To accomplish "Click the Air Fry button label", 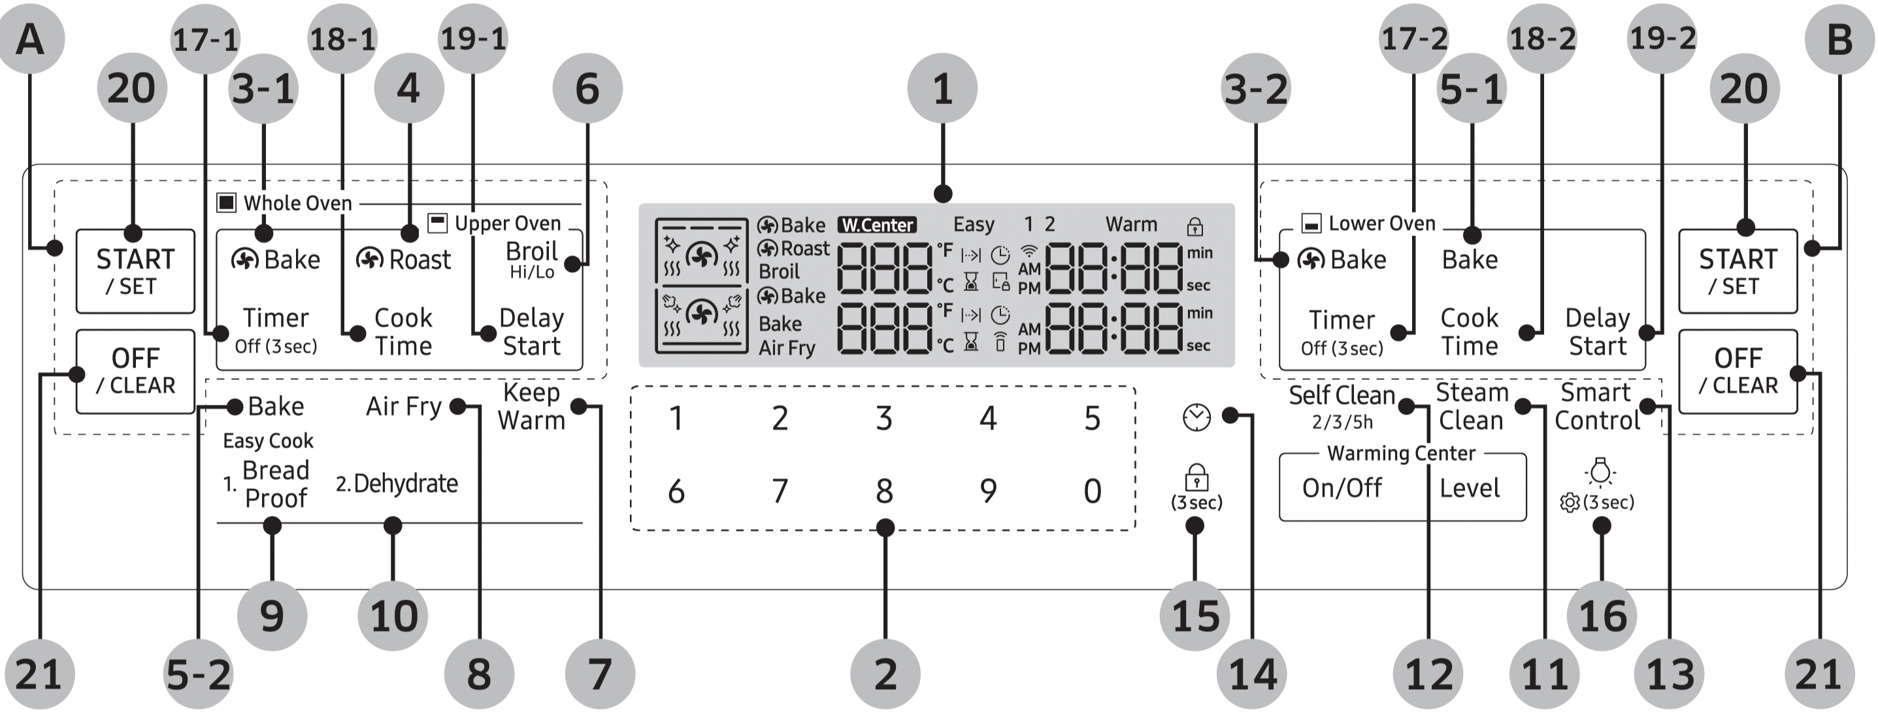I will pyautogui.click(x=404, y=406).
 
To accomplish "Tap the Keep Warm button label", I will pyautogui.click(x=531, y=406).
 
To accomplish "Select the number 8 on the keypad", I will pyautogui.click(x=884, y=491).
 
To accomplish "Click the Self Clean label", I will pyautogui.click(x=1342, y=396).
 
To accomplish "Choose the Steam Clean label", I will pyautogui.click(x=1470, y=406).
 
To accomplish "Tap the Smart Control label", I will pyautogui.click(x=1596, y=406).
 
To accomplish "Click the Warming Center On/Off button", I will pyautogui.click(x=1342, y=488).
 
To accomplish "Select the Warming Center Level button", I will pyautogui.click(x=1469, y=488).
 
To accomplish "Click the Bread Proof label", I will pyautogui.click(x=275, y=484).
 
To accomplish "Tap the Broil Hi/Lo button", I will pyautogui.click(x=531, y=259).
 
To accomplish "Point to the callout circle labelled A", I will pyautogui.click(x=30, y=39).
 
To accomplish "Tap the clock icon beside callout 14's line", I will pyautogui.click(x=1196, y=417).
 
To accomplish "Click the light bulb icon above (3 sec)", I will pyautogui.click(x=1600, y=472).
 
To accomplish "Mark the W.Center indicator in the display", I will pyautogui.click(x=877, y=225).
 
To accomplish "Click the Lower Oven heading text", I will pyautogui.click(x=1381, y=223).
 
